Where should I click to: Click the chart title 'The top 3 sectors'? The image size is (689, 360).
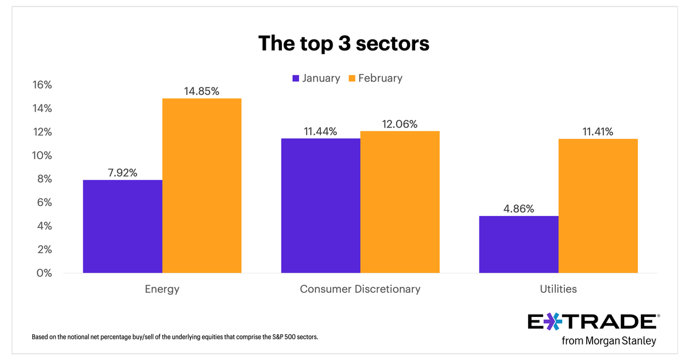point(343,44)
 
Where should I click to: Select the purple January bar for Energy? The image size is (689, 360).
point(123,226)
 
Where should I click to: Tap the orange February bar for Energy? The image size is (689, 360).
point(202,185)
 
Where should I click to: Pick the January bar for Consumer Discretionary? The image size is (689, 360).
point(320,206)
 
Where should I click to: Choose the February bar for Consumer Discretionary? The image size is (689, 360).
point(400,202)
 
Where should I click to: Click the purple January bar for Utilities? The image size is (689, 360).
point(518,244)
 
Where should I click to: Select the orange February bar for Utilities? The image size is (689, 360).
point(598,206)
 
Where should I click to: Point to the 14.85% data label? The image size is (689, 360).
point(202,90)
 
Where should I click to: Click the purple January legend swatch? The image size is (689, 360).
point(296,78)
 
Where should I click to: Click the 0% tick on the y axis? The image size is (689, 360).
point(44,273)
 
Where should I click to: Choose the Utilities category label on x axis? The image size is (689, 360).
point(558,289)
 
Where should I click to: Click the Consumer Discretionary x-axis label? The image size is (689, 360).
point(360,289)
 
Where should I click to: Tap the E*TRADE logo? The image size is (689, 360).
point(591,322)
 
